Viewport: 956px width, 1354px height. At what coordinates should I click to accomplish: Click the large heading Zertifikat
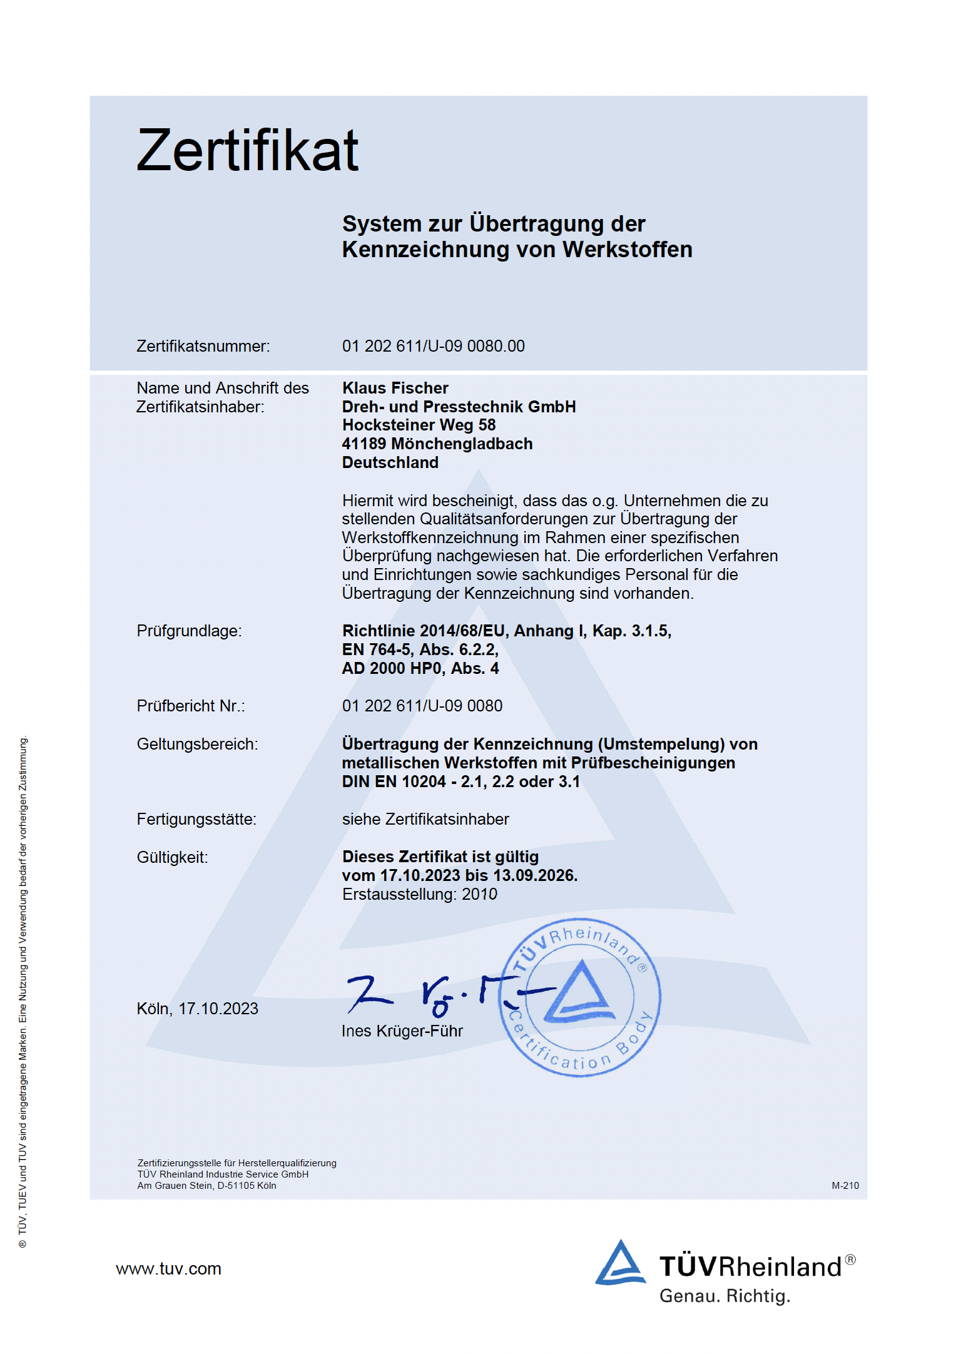tap(247, 150)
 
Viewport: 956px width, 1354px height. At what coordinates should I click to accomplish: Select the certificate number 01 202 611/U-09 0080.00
tap(433, 346)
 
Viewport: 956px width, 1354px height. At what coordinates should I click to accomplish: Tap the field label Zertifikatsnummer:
tap(203, 346)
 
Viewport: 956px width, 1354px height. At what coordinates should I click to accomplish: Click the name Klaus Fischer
tap(395, 388)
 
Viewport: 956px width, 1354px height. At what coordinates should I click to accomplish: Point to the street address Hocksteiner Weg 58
tap(419, 425)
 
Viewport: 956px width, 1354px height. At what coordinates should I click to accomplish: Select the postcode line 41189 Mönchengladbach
tap(437, 444)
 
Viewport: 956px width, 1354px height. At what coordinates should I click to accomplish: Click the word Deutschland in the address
tap(390, 462)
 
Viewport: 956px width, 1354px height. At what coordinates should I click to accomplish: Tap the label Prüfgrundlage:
tap(189, 631)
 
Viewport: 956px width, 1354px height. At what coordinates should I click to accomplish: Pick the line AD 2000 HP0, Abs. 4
tap(420, 668)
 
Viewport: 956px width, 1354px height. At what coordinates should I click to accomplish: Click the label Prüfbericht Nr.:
tap(191, 706)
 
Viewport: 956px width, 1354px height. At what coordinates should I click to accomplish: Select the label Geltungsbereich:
tap(197, 744)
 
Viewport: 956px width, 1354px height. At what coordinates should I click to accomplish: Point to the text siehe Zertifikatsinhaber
tap(425, 819)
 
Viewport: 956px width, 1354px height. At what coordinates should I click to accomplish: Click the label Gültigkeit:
tap(172, 857)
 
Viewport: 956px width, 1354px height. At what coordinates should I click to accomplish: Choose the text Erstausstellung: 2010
tap(419, 894)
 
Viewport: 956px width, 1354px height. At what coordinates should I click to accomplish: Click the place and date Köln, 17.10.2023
tap(197, 1009)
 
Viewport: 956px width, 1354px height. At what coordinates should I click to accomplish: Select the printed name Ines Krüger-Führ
tap(402, 1031)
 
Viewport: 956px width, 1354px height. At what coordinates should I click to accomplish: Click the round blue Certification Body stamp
tap(580, 997)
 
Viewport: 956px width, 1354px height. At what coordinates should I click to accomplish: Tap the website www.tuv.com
tap(168, 1268)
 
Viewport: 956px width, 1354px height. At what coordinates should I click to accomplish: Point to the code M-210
tap(845, 1186)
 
